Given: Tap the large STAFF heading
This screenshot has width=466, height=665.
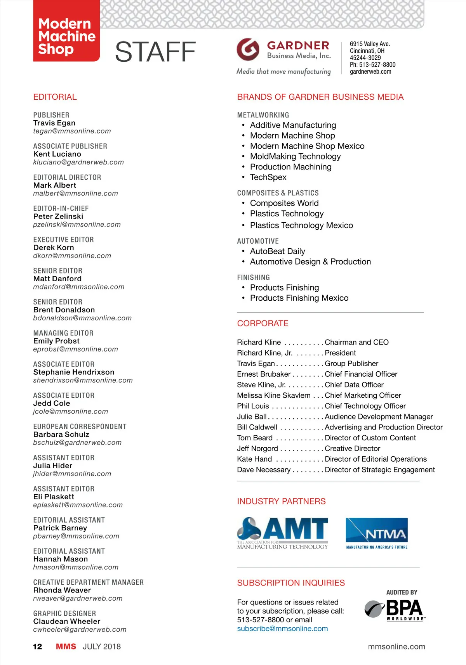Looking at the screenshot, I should (155, 52).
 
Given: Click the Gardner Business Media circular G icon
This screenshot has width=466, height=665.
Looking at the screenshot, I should (248, 49).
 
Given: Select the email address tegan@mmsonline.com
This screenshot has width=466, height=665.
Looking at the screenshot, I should (72, 131).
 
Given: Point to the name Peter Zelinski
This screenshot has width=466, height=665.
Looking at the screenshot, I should (58, 216).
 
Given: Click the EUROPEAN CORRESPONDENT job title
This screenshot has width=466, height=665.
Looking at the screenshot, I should (80, 426).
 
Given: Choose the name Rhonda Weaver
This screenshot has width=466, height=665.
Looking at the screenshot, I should (62, 590).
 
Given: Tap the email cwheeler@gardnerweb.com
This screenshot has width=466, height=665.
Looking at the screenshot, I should (80, 629).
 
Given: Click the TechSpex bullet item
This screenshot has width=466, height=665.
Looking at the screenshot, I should (268, 177).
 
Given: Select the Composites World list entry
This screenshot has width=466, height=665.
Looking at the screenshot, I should (284, 203).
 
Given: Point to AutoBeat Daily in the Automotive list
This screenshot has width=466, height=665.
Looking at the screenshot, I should (277, 251).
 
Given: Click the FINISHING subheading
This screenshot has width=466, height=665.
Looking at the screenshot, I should (253, 277).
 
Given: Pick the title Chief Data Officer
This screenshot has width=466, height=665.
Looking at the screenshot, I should (354, 385).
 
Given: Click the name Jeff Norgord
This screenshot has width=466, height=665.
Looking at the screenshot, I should (257, 449).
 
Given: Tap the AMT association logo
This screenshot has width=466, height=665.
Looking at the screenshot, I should (282, 533).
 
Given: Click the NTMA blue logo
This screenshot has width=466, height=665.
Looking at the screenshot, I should (376, 533).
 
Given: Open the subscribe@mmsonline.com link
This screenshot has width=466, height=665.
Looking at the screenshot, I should (282, 629).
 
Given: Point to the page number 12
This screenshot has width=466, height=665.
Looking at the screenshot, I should (37, 646).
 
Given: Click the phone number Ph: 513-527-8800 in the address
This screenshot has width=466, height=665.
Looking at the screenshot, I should (372, 65).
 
